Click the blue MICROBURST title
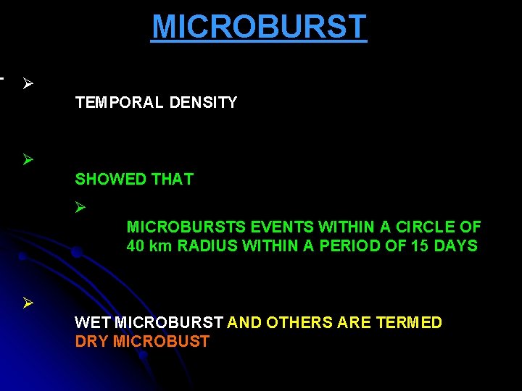(x=259, y=28)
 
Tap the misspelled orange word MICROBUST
(x=163, y=342)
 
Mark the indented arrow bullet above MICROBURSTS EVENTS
(x=80, y=208)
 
